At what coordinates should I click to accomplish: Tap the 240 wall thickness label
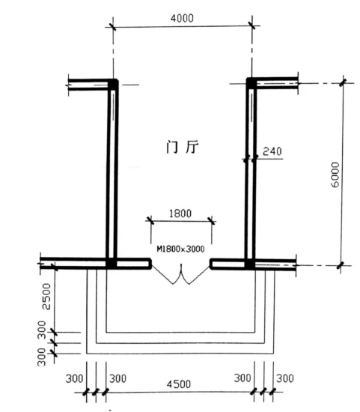pos(273,151)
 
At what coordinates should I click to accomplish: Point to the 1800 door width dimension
pos(180,213)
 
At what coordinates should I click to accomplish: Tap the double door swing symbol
pos(180,279)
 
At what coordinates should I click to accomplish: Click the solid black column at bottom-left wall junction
pos(112,264)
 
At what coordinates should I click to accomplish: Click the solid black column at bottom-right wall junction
pos(251,264)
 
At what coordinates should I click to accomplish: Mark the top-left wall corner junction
pos(112,84)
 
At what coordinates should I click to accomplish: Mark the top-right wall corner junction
pos(251,83)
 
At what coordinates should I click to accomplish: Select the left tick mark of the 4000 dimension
pos(113,26)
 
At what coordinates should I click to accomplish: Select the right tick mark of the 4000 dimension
pos(251,26)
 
